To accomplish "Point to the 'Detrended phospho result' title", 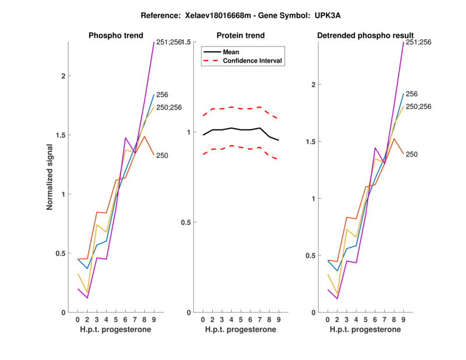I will coord(365,36).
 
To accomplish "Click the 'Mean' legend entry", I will coord(231,52).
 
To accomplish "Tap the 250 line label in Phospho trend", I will coord(163,156).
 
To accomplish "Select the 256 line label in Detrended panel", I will coord(412,94).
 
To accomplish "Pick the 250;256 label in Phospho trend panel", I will coord(169,107).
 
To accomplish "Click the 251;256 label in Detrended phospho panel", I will coord(418,42).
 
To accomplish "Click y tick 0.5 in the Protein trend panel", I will coord(186,223).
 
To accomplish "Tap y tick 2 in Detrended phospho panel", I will coord(313,84).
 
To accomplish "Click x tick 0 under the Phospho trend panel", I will coord(77,320).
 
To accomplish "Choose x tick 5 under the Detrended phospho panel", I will coord(365,320).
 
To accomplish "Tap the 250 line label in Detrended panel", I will coord(412,154).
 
